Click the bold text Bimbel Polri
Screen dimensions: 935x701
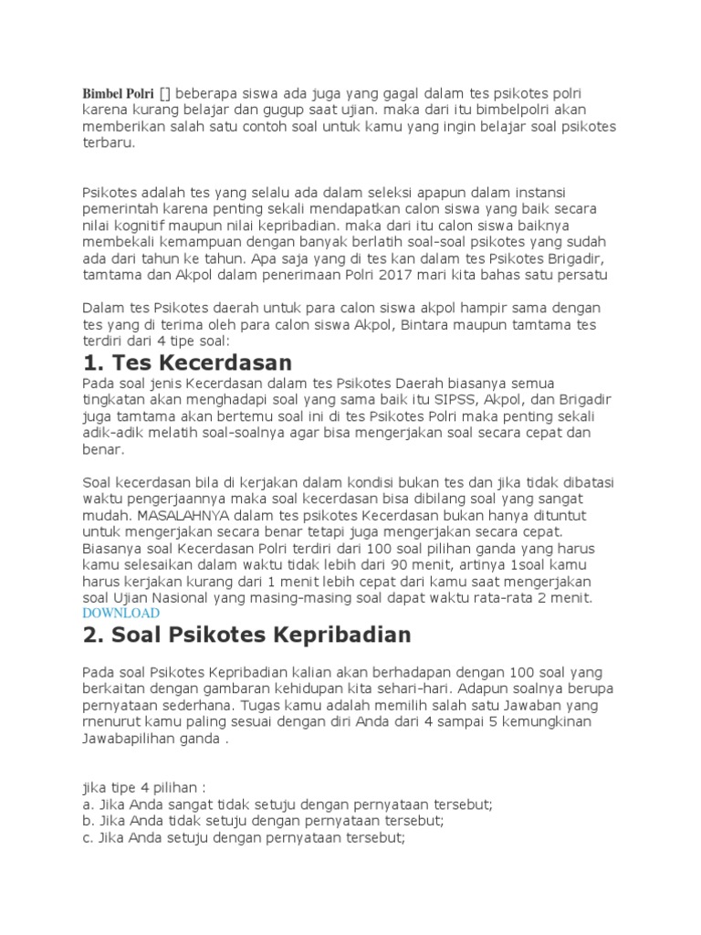pyautogui.click(x=118, y=94)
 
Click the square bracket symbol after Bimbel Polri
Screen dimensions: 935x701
pyautogui.click(x=164, y=94)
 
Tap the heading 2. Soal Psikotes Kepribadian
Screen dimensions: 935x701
pyautogui.click(x=247, y=634)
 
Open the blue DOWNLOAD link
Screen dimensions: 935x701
pyautogui.click(x=121, y=614)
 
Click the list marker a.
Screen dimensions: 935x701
pyautogui.click(x=88, y=804)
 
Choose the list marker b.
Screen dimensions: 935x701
pyautogui.click(x=88, y=821)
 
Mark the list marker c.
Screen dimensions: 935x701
pyautogui.click(x=88, y=837)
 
